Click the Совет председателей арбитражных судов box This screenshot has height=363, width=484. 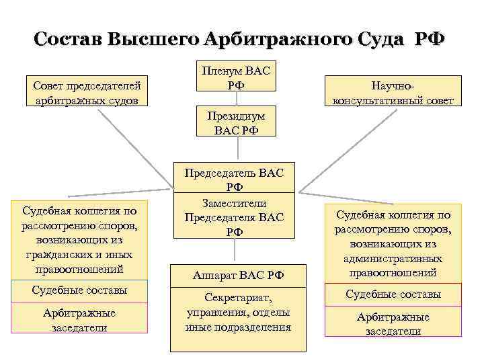click(86, 93)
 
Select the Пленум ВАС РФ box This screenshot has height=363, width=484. click(235, 79)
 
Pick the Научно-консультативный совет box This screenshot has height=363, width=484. click(393, 93)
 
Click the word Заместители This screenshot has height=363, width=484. click(235, 203)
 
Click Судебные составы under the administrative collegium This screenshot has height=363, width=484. click(393, 294)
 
